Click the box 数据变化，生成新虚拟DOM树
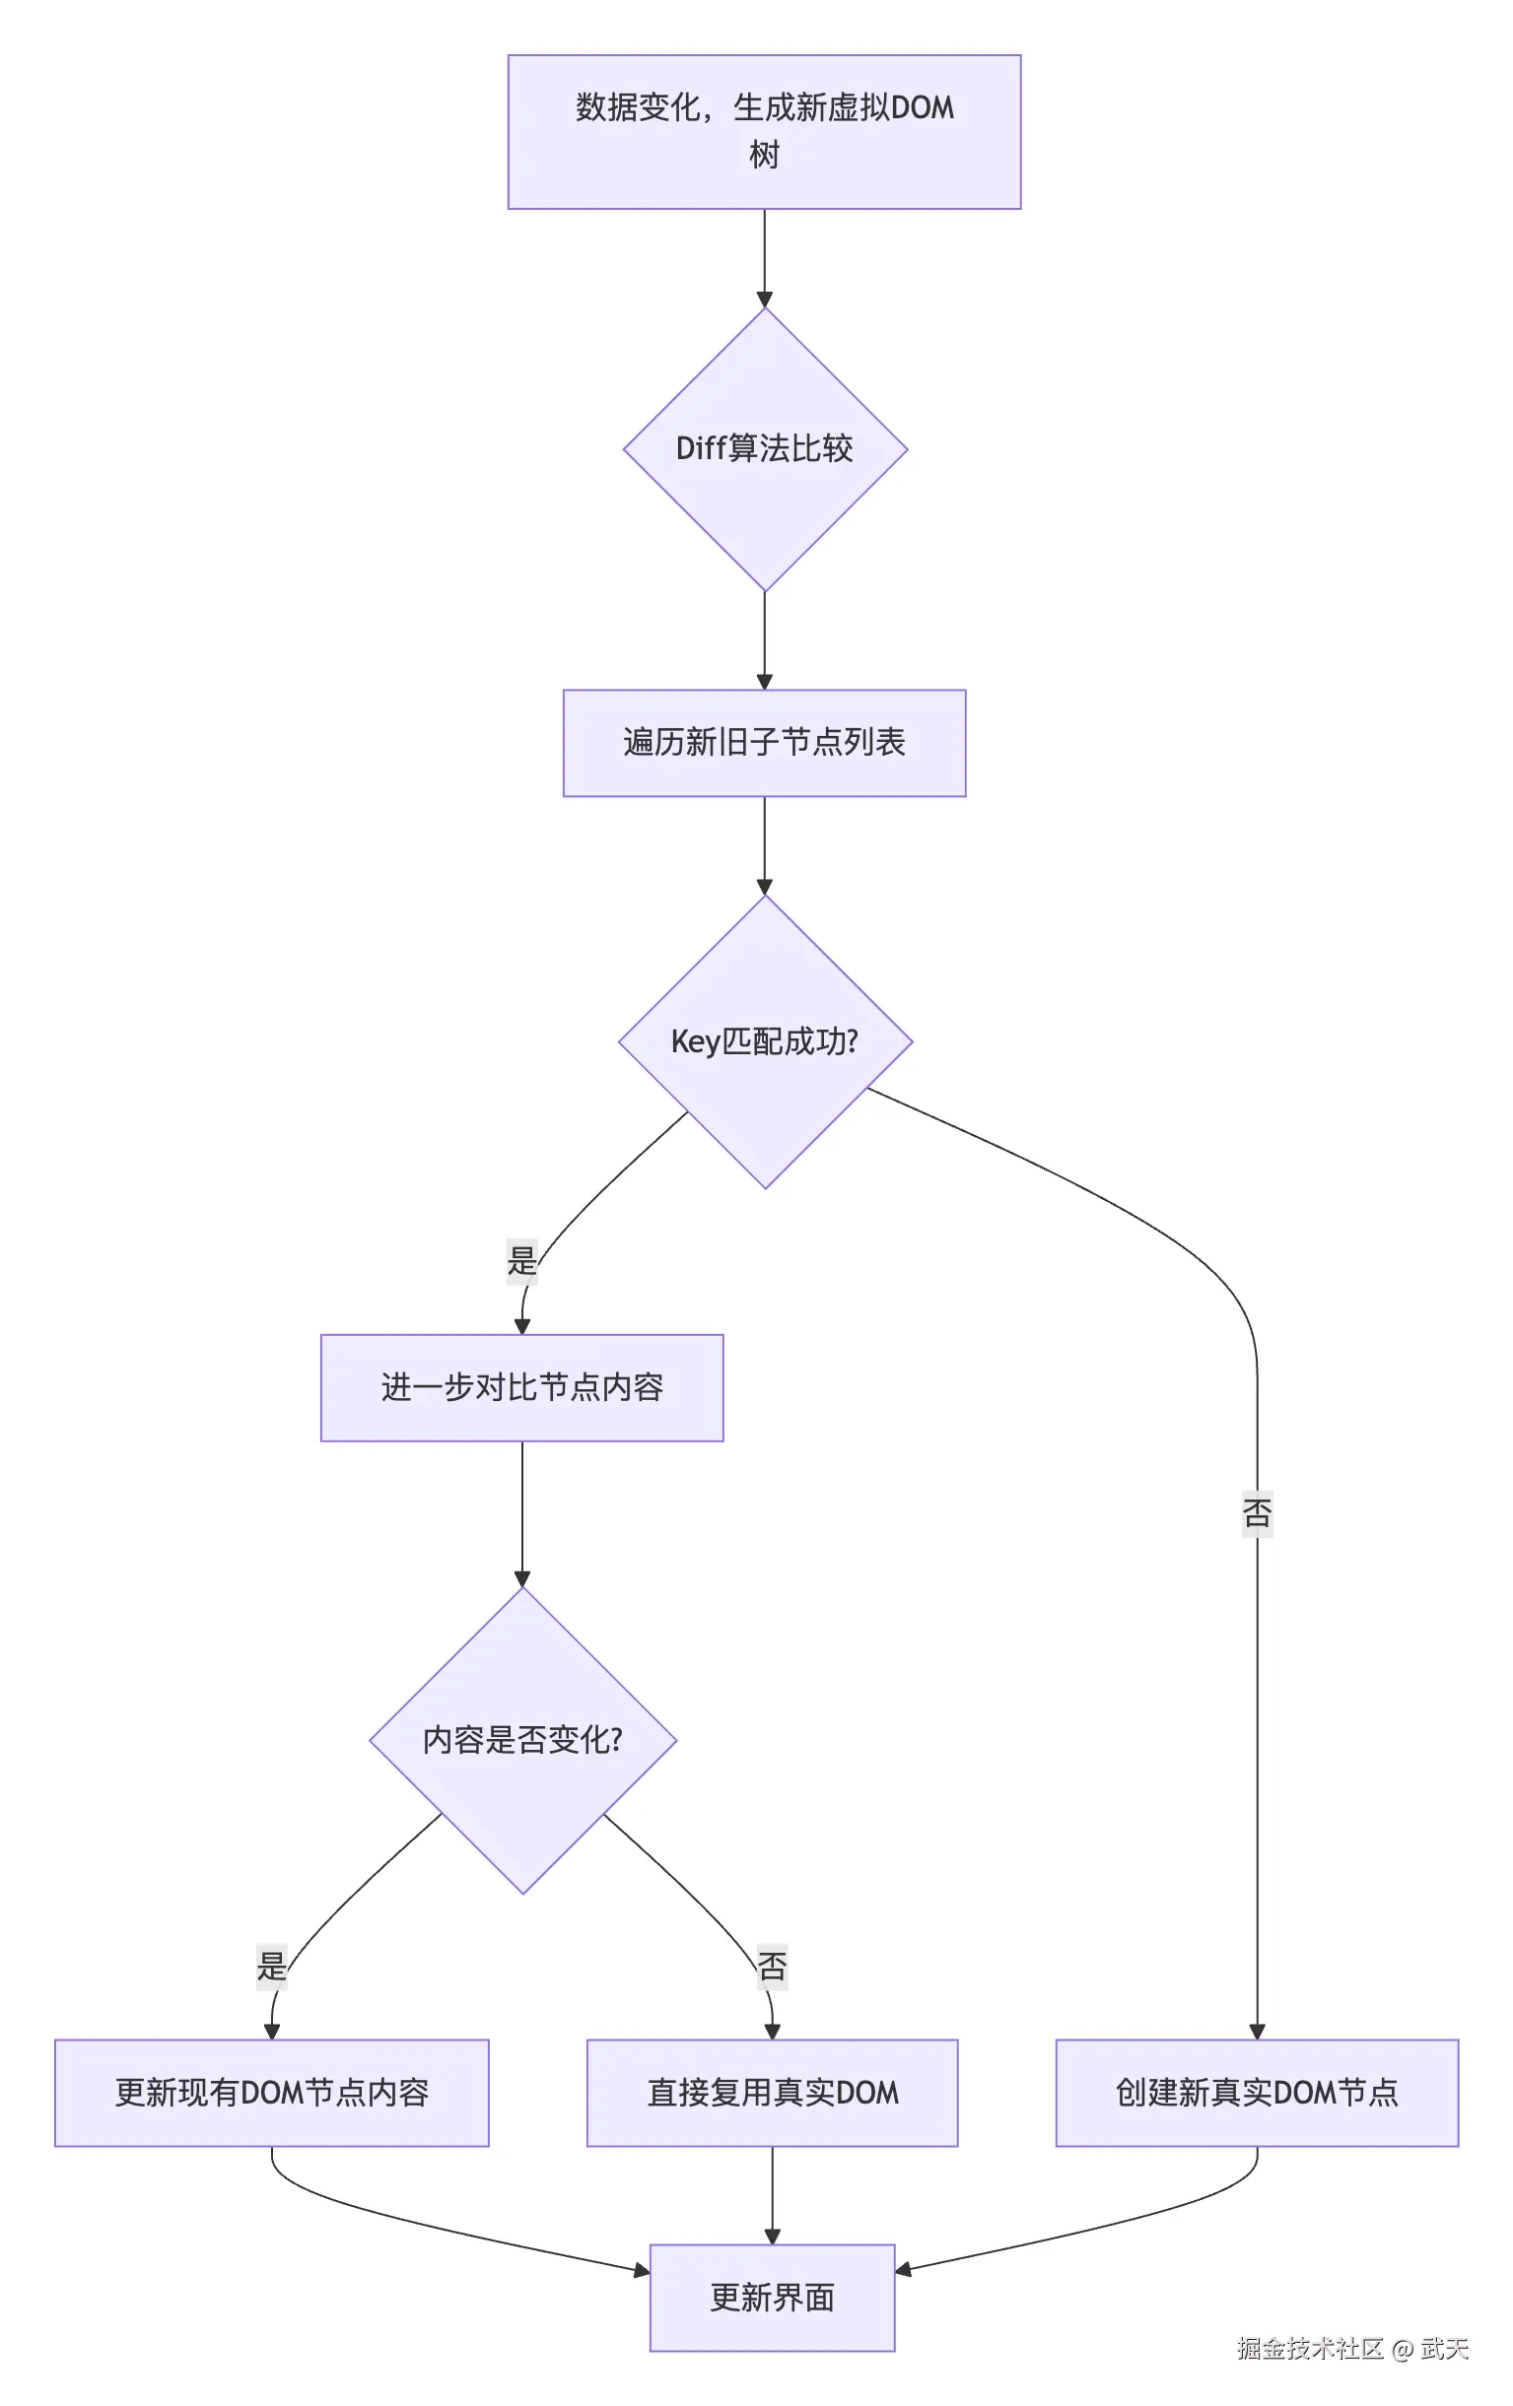764,131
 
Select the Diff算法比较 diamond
764,448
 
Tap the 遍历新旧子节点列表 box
764,742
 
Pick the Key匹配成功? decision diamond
764,1041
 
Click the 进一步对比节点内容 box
520,1387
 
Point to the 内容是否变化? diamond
521,1740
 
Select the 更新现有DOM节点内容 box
271,2093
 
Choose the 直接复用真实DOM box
772,2093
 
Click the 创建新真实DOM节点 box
1256,2093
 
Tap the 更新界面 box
772,2297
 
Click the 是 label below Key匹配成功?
521,1260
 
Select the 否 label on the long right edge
1256,1512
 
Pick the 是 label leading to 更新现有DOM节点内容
271,1966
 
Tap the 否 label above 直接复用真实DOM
772,1966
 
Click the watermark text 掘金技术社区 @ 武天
1352,2348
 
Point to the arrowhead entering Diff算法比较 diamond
764,300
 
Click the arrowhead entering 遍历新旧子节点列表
764,682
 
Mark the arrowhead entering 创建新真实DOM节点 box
1256,2031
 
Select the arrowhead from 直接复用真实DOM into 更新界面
772,2237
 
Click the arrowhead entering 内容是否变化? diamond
521,1578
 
